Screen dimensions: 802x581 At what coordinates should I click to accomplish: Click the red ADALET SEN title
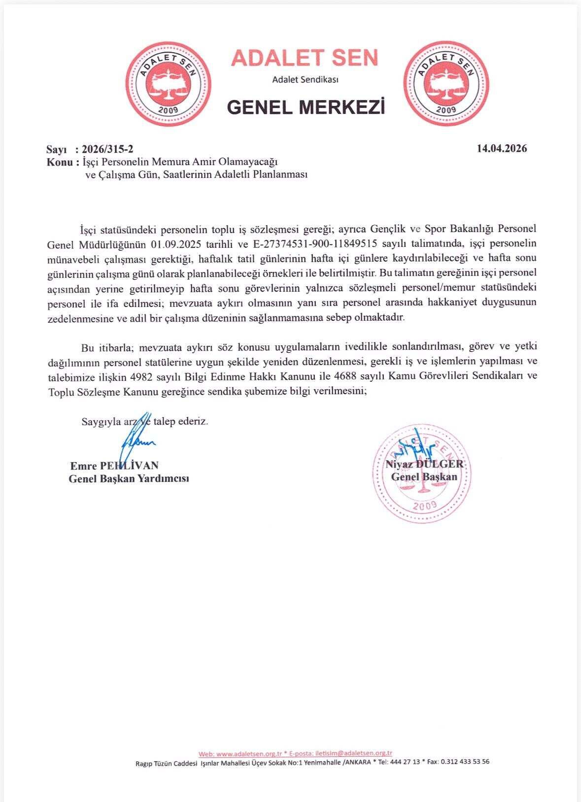(x=305, y=58)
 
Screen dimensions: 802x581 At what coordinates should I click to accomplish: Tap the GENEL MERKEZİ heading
(x=306, y=106)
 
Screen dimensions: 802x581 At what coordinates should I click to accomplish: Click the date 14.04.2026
(x=502, y=149)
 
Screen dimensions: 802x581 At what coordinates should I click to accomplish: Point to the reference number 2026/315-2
(x=107, y=149)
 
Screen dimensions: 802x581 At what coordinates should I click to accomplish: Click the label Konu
(x=60, y=162)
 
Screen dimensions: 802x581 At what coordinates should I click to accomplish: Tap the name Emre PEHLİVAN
(x=114, y=466)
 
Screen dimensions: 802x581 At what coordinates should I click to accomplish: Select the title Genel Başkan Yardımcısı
(x=129, y=478)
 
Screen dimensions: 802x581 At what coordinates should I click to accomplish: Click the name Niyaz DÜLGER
(x=425, y=464)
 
